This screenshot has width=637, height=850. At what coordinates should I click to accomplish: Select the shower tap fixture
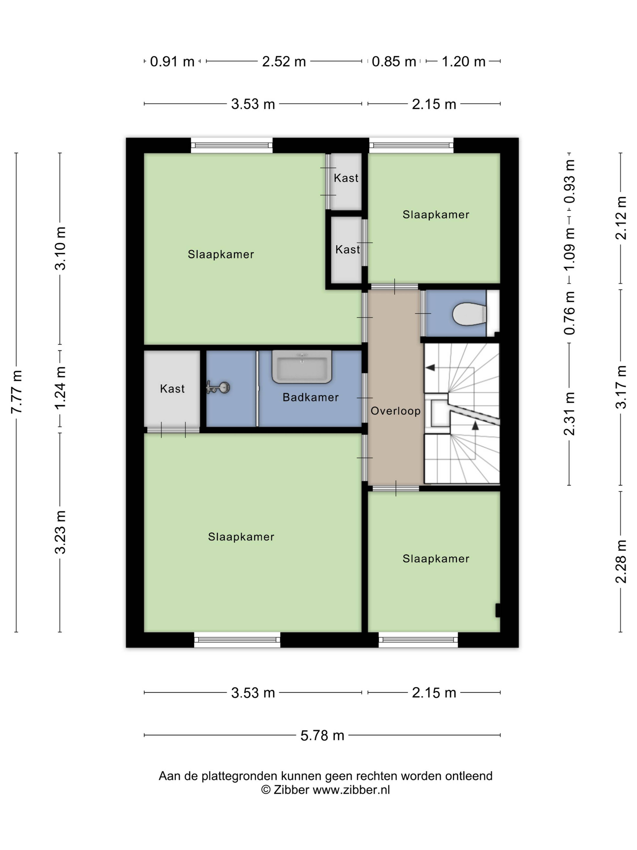pos(218,387)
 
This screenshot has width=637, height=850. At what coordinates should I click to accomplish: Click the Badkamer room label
pos(311,397)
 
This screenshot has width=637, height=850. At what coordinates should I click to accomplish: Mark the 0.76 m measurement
pos(569,313)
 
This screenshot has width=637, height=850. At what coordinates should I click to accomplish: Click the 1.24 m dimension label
pos(60,388)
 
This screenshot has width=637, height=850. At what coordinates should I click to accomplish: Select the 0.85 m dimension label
pos(394,61)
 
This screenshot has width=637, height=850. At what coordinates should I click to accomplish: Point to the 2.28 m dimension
pos(621,561)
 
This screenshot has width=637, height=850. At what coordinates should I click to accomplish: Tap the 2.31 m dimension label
pos(569,414)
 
